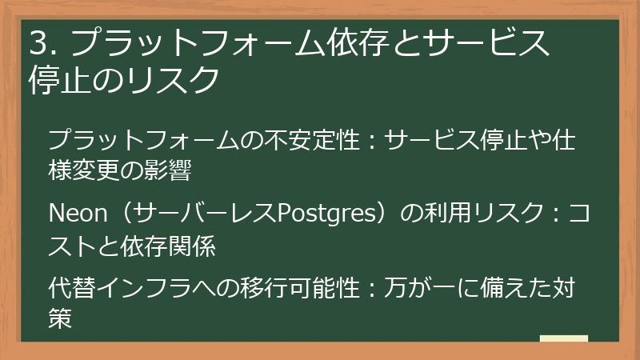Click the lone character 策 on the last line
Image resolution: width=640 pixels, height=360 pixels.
click(x=61, y=317)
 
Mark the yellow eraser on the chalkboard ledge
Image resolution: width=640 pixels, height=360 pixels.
click(x=563, y=338)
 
